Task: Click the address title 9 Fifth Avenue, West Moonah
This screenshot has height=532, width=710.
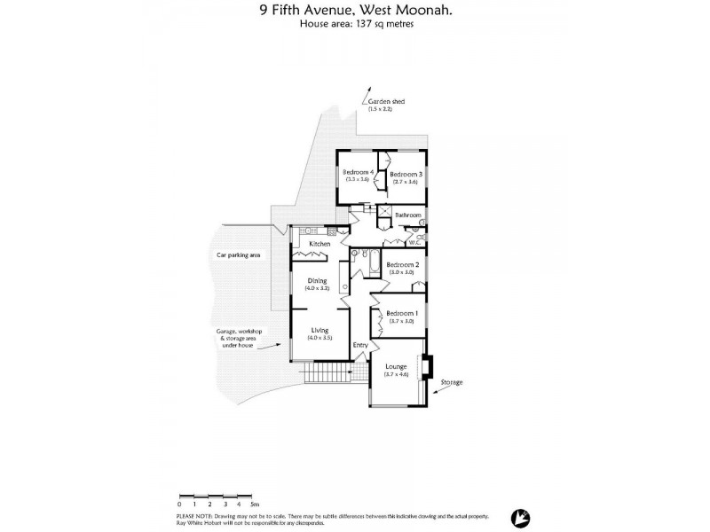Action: (x=355, y=11)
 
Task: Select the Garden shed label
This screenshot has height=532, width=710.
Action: (x=386, y=103)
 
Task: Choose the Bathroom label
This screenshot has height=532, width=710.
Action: (x=407, y=215)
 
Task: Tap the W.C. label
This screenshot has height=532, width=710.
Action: (x=414, y=242)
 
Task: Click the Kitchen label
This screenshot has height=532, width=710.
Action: (x=319, y=243)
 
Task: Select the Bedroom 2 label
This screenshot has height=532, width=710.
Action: (x=403, y=264)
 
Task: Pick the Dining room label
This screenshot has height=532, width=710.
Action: (x=317, y=281)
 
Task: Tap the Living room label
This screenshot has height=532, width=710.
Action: (x=319, y=330)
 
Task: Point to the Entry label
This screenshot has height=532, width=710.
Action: (x=359, y=345)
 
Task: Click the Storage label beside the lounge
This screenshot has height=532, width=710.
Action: (x=452, y=382)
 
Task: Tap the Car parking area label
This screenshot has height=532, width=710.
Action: (x=239, y=254)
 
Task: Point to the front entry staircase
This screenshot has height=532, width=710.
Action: (x=327, y=373)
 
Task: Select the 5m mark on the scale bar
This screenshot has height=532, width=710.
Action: (x=255, y=504)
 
